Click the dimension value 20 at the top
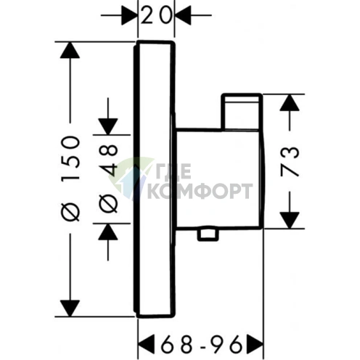[x=156, y=15]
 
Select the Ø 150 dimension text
[x=70, y=179]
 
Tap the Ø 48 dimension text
[x=108, y=179]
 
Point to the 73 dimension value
[x=290, y=161]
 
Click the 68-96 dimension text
[x=201, y=344]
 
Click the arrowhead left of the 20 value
[x=129, y=15]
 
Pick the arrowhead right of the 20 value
[x=183, y=15]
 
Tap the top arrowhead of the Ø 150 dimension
[x=70, y=50]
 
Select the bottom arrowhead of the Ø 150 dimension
[x=70, y=308]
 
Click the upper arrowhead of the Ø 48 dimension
[x=108, y=126]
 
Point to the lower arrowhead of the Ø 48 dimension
[x=108, y=232]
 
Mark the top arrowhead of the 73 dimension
[x=290, y=102]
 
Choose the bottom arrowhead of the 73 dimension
[x=290, y=220]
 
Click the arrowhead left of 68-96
[x=147, y=344]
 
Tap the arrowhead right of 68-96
[x=254, y=344]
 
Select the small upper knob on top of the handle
[x=242, y=112]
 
